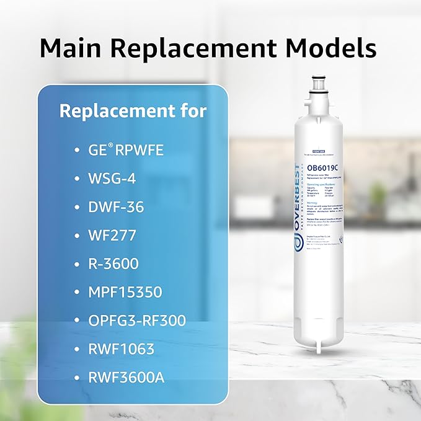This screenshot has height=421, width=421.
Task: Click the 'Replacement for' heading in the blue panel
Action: click(133, 112)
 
